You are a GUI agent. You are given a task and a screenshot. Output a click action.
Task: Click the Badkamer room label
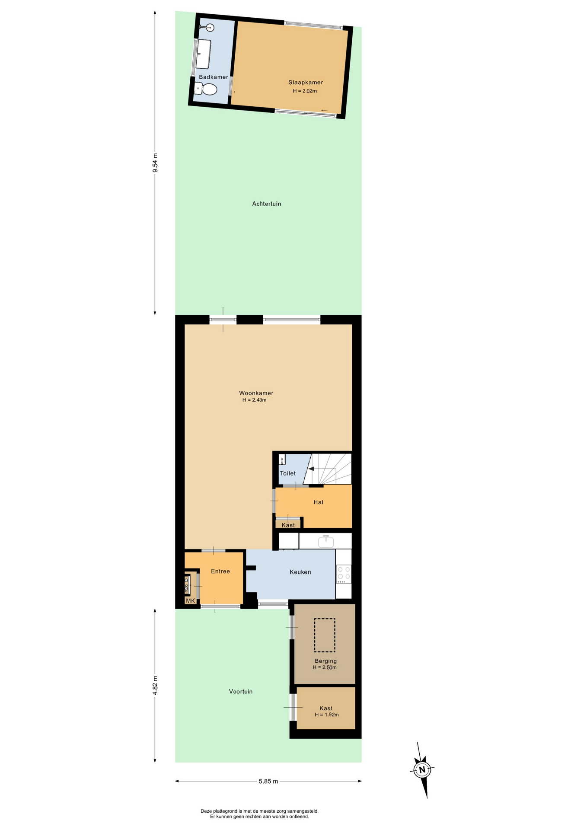(x=214, y=77)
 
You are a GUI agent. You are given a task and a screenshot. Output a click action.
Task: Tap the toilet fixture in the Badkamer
(x=206, y=89)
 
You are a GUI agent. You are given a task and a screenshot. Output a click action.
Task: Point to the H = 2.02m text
(x=305, y=91)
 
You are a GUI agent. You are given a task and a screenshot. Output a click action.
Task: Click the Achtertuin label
(x=267, y=204)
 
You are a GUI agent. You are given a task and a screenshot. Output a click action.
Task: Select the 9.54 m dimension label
(x=155, y=163)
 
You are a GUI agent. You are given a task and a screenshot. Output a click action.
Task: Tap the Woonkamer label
(x=256, y=393)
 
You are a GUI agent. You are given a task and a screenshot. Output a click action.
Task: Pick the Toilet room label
(x=288, y=473)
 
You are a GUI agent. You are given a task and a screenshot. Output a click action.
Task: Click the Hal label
(x=319, y=502)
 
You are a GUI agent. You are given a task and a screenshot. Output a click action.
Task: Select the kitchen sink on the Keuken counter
(x=326, y=541)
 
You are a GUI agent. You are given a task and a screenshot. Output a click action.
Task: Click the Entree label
(x=220, y=571)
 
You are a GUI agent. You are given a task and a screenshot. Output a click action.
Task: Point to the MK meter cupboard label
(x=191, y=601)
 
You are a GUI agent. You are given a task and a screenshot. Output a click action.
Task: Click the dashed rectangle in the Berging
(x=325, y=635)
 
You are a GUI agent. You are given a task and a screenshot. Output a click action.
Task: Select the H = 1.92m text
(x=327, y=715)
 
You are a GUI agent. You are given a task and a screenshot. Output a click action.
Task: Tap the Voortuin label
(x=241, y=691)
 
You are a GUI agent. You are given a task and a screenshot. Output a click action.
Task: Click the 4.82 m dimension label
(x=155, y=685)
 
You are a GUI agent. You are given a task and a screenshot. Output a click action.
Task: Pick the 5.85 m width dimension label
(x=268, y=781)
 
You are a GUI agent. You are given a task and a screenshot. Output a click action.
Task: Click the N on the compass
(x=422, y=769)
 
